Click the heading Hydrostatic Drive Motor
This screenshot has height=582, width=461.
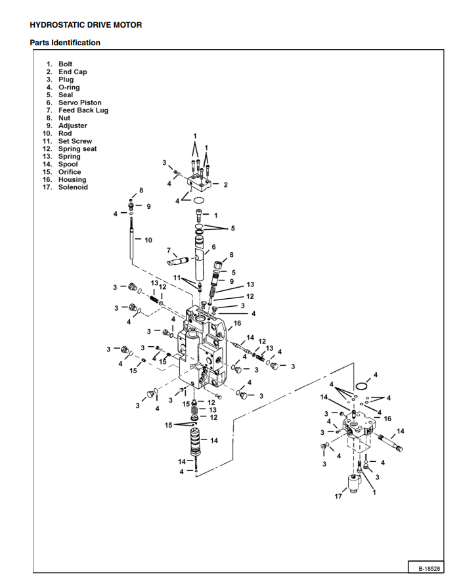[85, 25]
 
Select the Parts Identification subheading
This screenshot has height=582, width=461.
[65, 43]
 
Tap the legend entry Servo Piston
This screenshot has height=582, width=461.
[79, 102]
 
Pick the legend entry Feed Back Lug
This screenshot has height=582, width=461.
[83, 110]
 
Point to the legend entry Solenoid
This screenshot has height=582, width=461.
[72, 187]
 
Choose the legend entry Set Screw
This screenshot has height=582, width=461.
[75, 141]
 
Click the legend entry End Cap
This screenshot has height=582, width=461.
[72, 72]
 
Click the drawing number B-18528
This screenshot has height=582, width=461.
[428, 568]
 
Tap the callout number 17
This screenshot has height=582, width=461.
[338, 497]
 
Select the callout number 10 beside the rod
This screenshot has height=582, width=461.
[148, 240]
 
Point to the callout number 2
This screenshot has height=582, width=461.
[225, 185]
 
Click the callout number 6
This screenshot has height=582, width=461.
[213, 247]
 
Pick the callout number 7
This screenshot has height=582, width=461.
[169, 250]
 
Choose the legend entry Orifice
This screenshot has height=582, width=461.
[70, 172]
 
